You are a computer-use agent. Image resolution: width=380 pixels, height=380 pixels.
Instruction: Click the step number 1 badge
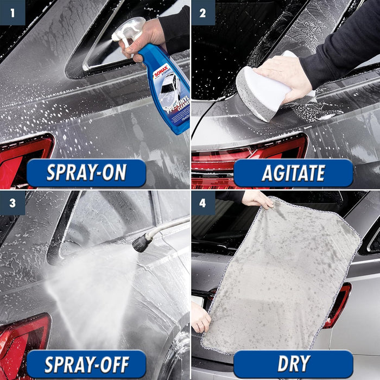[12, 12]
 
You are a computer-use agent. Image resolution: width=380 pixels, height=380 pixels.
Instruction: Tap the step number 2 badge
[202, 12]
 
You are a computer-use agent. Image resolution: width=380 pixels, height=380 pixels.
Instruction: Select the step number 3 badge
[12, 202]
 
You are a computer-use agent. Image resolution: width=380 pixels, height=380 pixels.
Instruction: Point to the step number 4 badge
[202, 202]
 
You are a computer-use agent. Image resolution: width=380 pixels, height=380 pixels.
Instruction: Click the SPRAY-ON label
[86, 173]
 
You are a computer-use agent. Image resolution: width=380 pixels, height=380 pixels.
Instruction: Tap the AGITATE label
[293, 173]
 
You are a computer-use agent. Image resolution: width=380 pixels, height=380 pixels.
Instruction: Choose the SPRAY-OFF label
[86, 364]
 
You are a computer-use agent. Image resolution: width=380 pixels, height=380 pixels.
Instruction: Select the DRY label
[293, 364]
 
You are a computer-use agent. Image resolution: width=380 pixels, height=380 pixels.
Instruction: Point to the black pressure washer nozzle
[143, 243]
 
